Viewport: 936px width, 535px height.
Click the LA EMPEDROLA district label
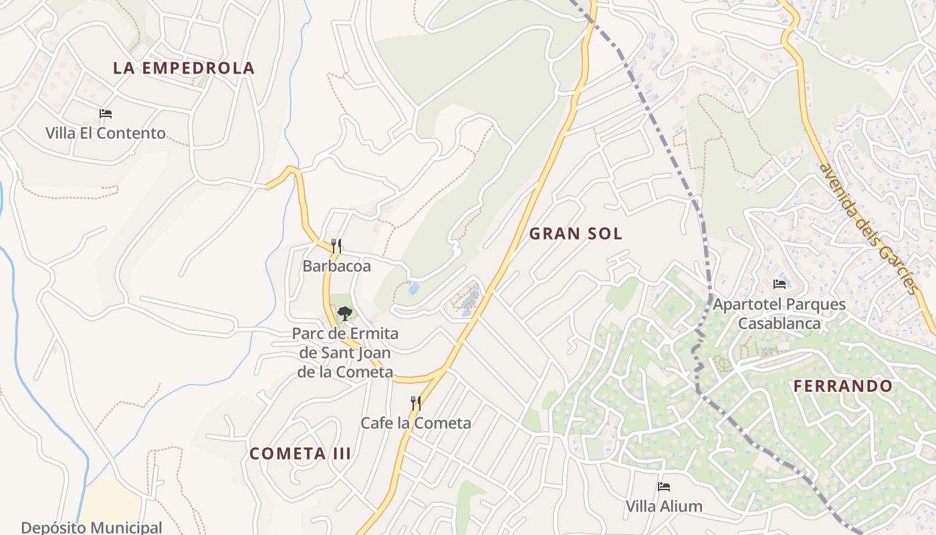click(184, 68)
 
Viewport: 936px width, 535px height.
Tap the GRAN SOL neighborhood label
click(576, 233)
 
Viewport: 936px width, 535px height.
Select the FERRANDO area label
click(843, 386)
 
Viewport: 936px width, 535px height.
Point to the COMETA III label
click(300, 453)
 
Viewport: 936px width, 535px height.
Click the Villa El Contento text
click(106, 133)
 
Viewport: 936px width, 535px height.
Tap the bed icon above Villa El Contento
click(106, 114)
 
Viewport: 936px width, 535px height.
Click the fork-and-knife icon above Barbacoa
click(336, 246)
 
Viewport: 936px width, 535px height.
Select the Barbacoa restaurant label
click(336, 266)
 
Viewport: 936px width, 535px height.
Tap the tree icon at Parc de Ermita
click(344, 313)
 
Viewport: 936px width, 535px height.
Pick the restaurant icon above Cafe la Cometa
click(415, 403)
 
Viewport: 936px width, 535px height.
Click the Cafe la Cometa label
click(416, 423)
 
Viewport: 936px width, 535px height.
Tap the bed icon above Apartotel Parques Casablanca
click(779, 284)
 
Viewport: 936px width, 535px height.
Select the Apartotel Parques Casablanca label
click(779, 314)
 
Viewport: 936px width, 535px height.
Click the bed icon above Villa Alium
click(663, 486)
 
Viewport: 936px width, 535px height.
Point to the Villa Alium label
click(664, 506)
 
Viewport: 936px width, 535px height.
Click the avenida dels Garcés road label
click(867, 227)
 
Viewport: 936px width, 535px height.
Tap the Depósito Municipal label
click(92, 527)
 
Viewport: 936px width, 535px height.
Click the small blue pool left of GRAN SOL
click(414, 289)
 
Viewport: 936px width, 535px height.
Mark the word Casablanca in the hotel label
click(779, 324)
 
